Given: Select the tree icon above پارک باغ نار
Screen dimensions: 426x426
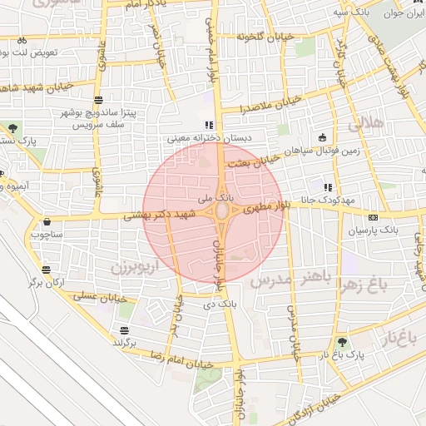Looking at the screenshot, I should pos(342,341).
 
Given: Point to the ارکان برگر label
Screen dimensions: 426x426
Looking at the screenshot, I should pos(46,282).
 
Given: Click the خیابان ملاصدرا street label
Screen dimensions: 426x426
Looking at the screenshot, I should pos(242,109).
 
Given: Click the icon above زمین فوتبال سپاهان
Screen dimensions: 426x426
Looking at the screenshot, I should pos(322,137).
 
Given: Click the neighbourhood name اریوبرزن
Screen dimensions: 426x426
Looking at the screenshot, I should pos(132,267).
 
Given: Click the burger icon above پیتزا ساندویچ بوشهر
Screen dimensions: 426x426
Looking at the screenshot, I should pos(99,100).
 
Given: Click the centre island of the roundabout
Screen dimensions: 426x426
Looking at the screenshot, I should pos(222,213).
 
